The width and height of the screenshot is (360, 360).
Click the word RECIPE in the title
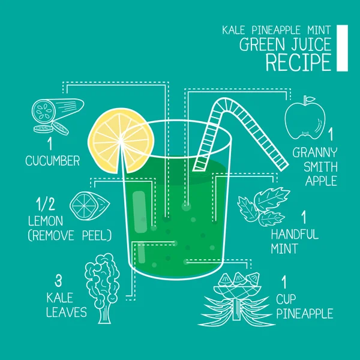click(299, 62)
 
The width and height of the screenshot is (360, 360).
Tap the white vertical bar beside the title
click(342, 48)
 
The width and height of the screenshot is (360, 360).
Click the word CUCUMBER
click(53, 160)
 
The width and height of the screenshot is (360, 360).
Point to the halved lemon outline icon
click(89, 205)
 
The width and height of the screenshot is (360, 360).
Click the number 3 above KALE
click(59, 280)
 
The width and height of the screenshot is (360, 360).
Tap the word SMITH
click(316, 166)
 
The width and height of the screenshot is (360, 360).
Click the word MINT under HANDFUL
click(284, 248)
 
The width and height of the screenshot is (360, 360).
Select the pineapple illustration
click(236, 298)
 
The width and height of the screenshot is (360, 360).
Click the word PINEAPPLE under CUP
click(305, 313)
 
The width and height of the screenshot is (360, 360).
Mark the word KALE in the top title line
click(235, 29)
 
